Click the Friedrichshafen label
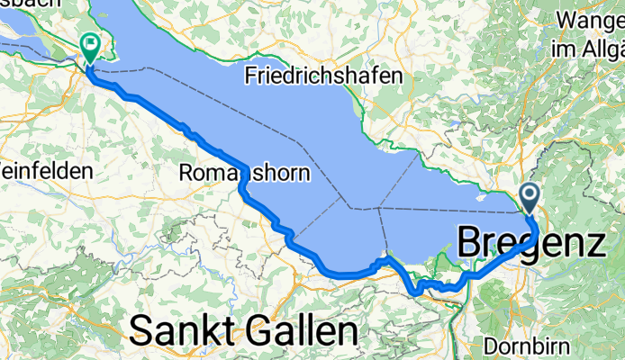pyautogui.click(x=322, y=76)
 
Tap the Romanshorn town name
pyautogui.click(x=244, y=172)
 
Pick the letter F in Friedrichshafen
pyautogui.click(x=251, y=76)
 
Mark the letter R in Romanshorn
pyautogui.click(x=187, y=172)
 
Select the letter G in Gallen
pyautogui.click(x=248, y=331)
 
